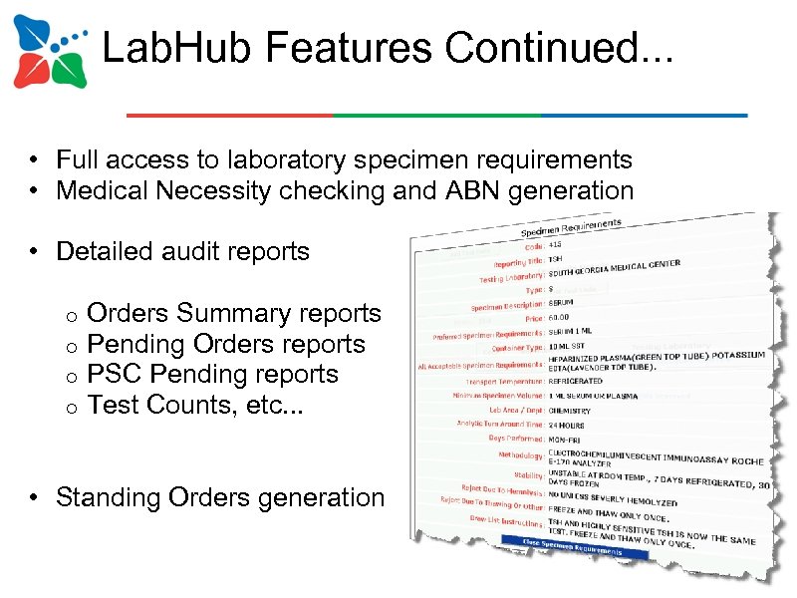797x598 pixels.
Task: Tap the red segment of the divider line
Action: (229, 116)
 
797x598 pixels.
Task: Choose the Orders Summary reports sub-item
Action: (234, 313)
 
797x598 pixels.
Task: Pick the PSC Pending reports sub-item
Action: (213, 374)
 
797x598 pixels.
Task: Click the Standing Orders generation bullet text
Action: (220, 496)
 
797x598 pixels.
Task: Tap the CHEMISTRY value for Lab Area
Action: (569, 411)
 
